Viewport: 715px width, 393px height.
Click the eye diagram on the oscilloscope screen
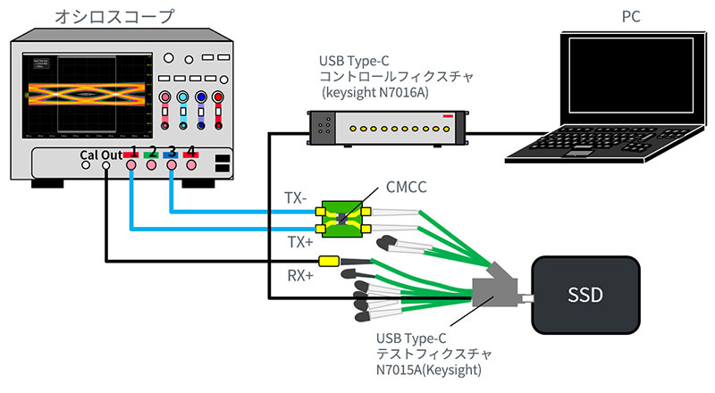86,90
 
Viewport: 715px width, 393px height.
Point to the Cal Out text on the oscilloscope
99,153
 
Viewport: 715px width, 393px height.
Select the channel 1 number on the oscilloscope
133,151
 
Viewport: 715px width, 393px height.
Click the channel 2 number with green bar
153,151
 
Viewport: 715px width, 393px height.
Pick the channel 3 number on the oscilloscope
172,151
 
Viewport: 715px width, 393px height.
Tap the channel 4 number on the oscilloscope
190,151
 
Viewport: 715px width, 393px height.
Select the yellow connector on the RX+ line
328,263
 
